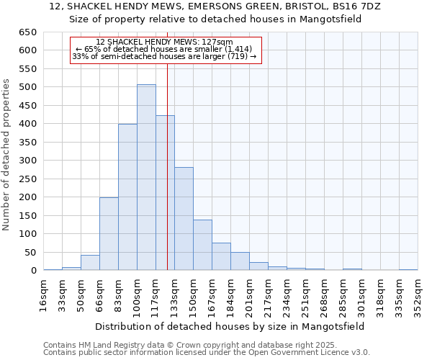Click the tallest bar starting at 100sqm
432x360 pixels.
point(146,177)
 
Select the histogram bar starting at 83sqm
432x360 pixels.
point(127,197)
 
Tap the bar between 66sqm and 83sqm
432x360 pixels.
point(109,233)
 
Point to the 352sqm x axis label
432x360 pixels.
point(418,294)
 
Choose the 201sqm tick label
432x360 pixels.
point(249,294)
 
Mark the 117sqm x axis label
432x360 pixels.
point(156,294)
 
